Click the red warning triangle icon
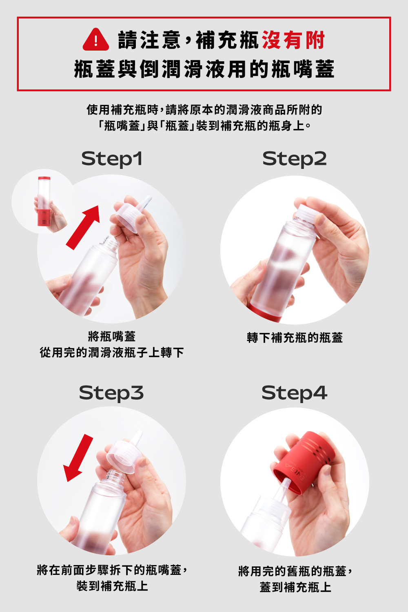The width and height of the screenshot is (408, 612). (x=95, y=40)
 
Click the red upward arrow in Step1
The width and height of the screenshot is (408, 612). (x=83, y=227)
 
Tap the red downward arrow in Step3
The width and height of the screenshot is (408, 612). (x=78, y=458)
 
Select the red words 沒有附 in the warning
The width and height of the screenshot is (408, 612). (x=293, y=40)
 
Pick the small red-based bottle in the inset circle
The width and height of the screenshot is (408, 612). (x=44, y=201)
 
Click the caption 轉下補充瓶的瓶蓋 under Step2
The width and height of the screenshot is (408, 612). (x=295, y=338)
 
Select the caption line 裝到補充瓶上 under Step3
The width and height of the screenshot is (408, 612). (x=112, y=586)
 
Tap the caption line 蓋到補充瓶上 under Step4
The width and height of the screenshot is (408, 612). (x=295, y=587)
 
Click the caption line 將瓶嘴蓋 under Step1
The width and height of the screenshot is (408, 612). (x=112, y=336)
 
